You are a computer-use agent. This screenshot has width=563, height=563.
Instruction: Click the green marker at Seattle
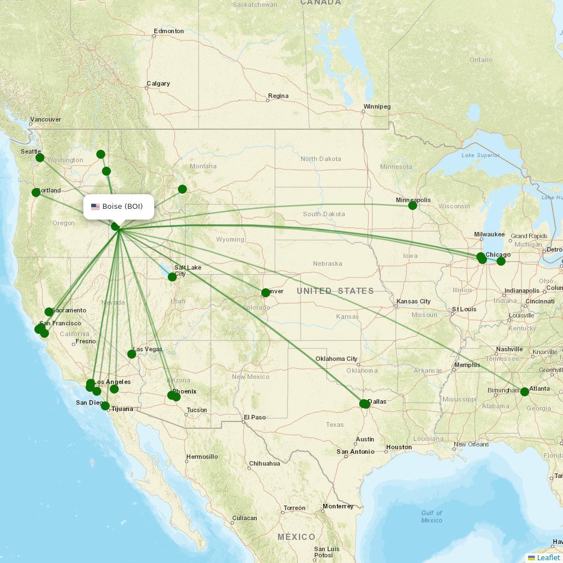[40, 157]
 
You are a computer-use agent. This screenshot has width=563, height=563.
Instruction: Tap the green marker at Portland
[36, 192]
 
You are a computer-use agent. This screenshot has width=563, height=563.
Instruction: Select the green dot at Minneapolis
[413, 205]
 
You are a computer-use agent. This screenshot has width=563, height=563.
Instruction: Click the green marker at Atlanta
[525, 391]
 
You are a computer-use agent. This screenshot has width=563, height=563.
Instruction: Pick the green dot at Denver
[266, 292]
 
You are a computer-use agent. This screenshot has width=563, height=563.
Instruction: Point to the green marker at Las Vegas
[132, 354]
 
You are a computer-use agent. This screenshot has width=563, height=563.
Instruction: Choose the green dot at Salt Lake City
[172, 276]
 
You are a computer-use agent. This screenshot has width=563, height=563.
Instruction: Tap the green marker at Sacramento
[49, 311]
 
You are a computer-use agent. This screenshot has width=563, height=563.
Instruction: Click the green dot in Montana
[182, 189]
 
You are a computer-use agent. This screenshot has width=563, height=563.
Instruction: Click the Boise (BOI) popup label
[122, 207]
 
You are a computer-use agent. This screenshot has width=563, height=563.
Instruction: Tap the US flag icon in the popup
[95, 207]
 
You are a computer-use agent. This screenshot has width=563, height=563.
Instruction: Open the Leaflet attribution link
[548, 557]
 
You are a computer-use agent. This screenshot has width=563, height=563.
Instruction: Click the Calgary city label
[158, 83]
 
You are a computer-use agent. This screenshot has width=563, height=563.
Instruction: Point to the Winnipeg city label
[377, 106]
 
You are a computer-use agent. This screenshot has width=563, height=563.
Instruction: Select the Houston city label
[399, 447]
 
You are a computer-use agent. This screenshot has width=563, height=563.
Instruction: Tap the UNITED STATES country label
[335, 291]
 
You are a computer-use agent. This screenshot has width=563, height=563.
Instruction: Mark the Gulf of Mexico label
[431, 516]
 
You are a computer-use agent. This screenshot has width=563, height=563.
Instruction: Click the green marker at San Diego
[105, 405]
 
